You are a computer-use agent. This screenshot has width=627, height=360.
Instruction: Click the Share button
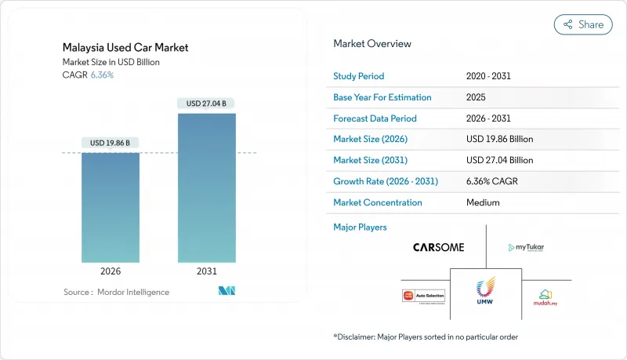[584, 24]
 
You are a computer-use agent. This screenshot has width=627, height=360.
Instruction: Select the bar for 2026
[111, 208]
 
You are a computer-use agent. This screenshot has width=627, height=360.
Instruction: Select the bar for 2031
[206, 188]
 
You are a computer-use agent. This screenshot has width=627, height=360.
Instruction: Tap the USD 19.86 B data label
[111, 143]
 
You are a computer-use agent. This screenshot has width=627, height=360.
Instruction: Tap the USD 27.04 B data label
[206, 103]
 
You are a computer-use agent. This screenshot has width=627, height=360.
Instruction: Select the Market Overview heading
[372, 44]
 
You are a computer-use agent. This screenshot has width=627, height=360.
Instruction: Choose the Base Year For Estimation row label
[382, 97]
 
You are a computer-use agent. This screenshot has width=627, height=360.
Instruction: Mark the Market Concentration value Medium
[481, 202]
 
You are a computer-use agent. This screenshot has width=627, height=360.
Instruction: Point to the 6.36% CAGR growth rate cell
[491, 181]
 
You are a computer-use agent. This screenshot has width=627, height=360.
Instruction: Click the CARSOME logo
[438, 247]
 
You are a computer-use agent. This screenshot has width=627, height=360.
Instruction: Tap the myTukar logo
[526, 248]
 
